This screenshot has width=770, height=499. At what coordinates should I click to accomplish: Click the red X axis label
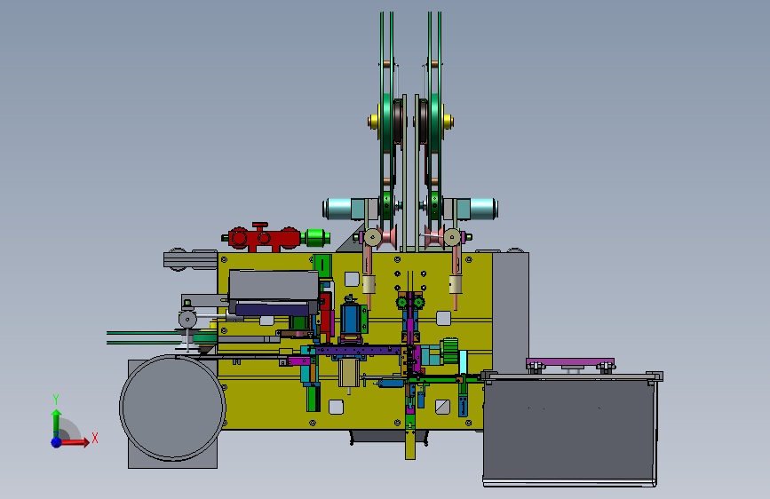95,438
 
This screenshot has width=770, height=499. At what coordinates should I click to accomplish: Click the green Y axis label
56,399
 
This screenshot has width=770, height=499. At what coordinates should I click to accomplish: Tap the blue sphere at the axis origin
57,442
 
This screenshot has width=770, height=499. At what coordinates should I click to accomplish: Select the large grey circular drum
172,408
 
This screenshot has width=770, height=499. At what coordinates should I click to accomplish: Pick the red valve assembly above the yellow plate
263,237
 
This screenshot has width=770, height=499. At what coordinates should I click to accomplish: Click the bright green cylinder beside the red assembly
316,238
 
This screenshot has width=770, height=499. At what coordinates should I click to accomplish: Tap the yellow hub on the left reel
373,121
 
